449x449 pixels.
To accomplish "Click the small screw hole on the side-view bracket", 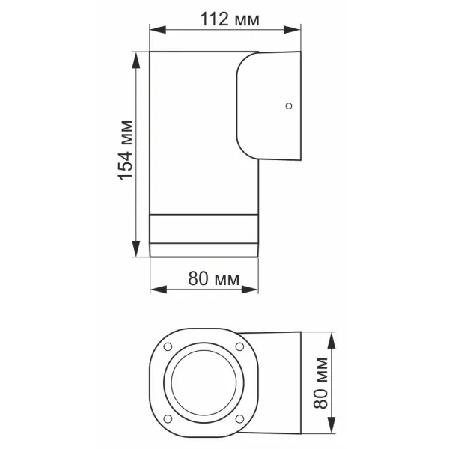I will (x=287, y=106).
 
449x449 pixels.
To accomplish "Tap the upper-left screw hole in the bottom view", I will (x=168, y=346).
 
